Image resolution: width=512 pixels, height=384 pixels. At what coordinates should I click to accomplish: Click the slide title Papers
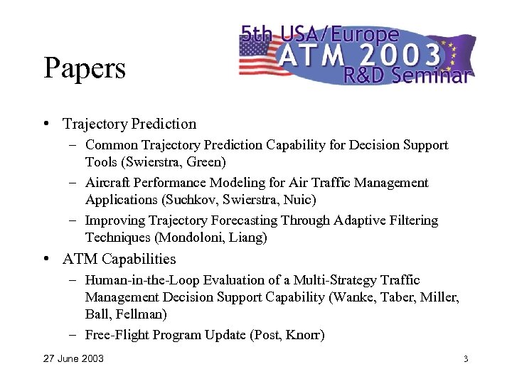tap(85, 69)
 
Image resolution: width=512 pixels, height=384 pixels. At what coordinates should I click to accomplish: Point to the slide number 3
tap(466, 358)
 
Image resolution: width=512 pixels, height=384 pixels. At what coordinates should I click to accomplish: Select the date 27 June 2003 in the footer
tap(73, 358)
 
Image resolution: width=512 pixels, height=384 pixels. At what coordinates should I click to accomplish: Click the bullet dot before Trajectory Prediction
tap(46, 124)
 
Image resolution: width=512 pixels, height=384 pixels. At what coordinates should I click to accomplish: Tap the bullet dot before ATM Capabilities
tap(46, 259)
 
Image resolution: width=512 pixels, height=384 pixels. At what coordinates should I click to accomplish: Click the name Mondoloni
tap(188, 238)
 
